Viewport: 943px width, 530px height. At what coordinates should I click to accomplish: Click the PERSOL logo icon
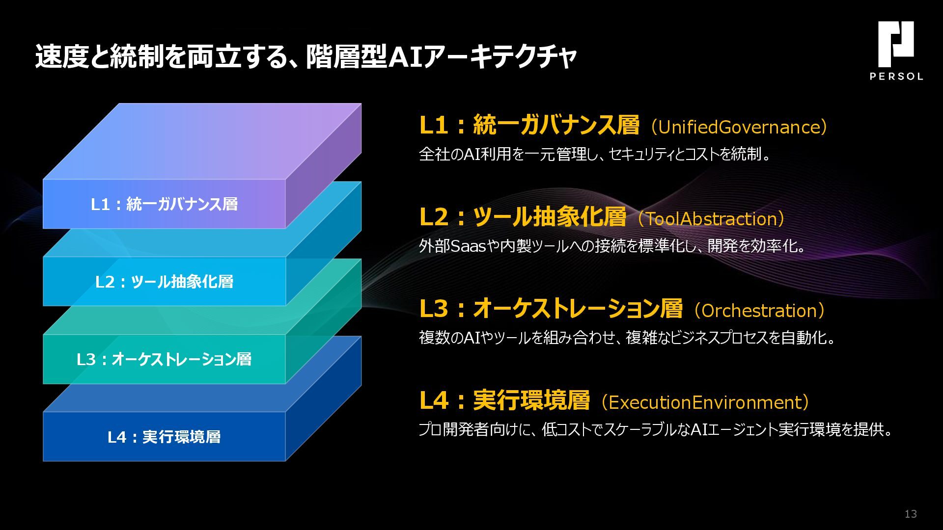click(896, 44)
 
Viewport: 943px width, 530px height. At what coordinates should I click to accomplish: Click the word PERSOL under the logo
click(896, 76)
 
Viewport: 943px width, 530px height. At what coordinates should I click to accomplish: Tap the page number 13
click(911, 514)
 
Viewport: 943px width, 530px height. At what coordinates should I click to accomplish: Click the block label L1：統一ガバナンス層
click(164, 204)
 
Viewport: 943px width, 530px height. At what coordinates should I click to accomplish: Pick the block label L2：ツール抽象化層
click(164, 282)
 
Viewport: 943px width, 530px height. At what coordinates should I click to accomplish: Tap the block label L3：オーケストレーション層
click(164, 359)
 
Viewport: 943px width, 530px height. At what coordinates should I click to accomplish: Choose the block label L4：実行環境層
click(164, 437)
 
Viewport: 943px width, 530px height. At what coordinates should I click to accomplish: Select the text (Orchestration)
click(759, 311)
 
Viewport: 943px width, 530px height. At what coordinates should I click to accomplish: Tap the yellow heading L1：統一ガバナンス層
click(529, 125)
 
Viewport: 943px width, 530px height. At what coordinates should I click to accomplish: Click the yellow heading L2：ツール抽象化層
click(523, 217)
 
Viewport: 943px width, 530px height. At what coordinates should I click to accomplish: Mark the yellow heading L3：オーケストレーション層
click(551, 309)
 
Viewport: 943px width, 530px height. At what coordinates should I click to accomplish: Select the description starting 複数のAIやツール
click(627, 338)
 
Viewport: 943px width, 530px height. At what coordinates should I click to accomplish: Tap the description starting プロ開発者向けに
click(656, 429)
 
